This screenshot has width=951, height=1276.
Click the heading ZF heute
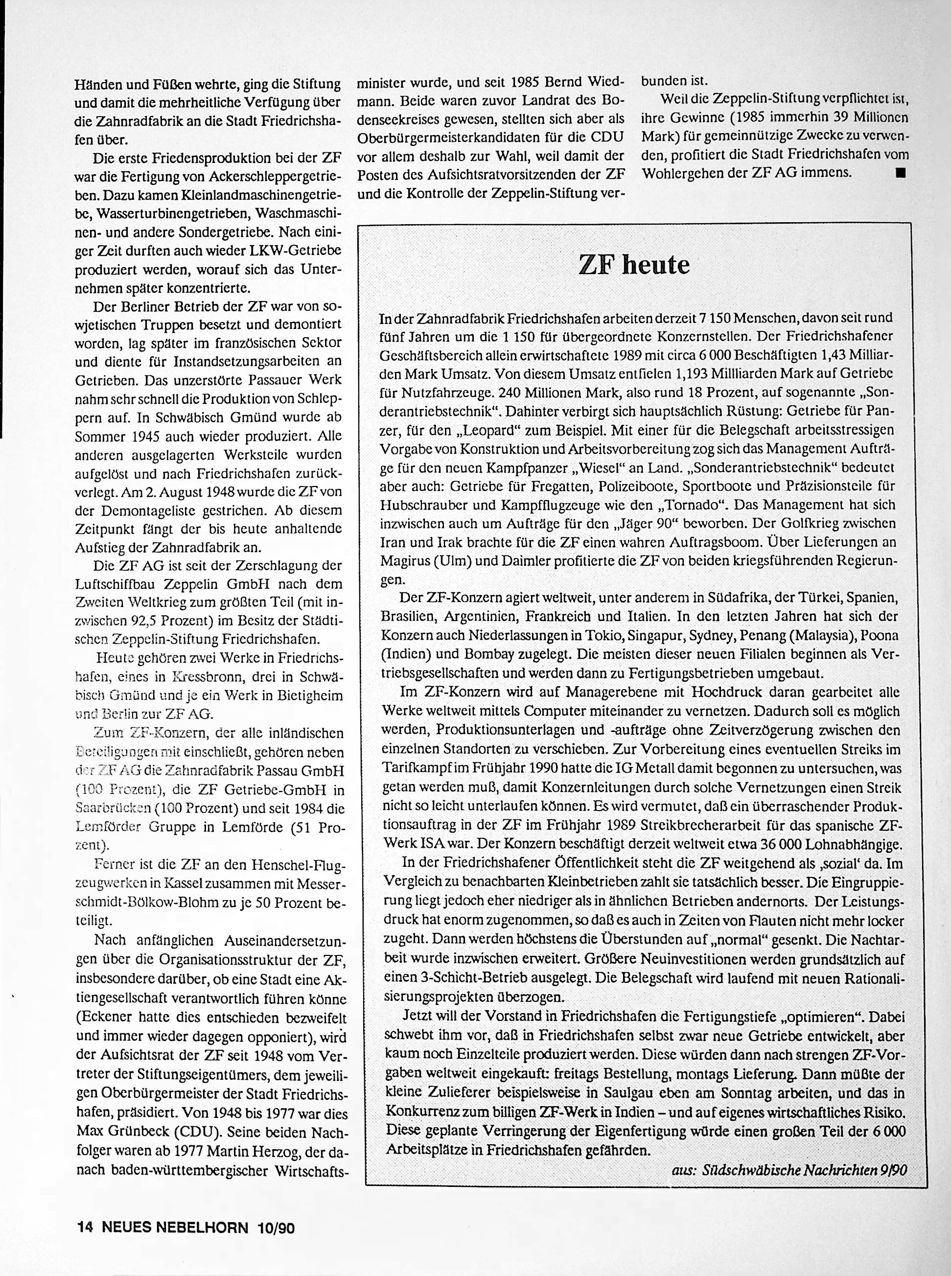[634, 265]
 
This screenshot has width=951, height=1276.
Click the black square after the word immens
[900, 172]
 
